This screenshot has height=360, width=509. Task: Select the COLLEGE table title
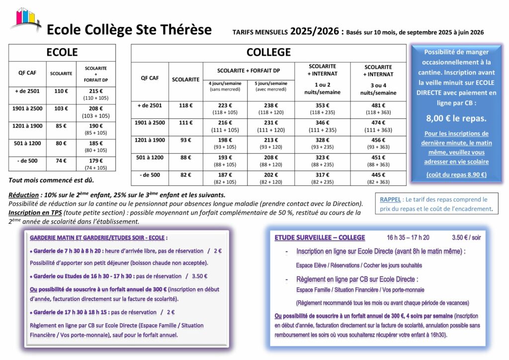pyautogui.click(x=268, y=53)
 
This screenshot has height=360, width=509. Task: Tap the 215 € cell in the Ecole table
pyautogui.click(x=95, y=91)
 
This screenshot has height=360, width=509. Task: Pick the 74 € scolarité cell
pyautogui.click(x=61, y=161)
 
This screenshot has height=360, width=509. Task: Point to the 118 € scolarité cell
pyautogui.click(x=185, y=105)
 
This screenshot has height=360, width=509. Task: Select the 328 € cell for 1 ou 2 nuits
pyautogui.click(x=322, y=140)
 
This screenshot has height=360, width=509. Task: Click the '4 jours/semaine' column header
pyautogui.click(x=225, y=84)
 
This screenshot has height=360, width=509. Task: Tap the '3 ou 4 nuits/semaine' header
pyautogui.click(x=378, y=89)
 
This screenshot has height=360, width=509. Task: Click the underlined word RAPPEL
pyautogui.click(x=391, y=200)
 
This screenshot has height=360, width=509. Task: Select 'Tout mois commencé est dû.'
pyautogui.click(x=51, y=180)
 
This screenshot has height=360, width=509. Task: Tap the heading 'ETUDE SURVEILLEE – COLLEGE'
pyautogui.click(x=320, y=238)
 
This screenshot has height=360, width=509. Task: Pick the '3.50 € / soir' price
pyautogui.click(x=466, y=238)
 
